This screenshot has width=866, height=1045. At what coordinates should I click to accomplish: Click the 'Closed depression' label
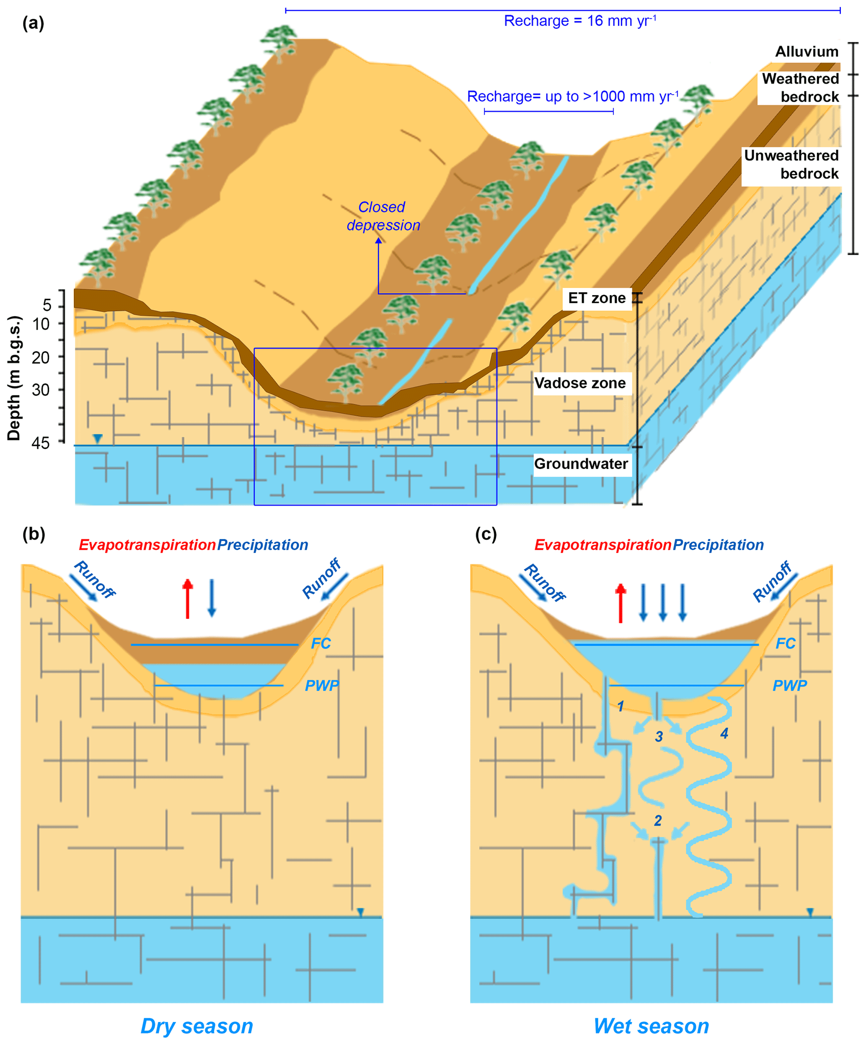coord(383,216)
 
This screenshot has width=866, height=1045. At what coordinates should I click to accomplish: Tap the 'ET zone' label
coord(596,298)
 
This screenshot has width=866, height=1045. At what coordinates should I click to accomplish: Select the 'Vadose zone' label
coord(580,383)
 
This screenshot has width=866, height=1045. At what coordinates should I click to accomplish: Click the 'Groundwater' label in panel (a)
coord(581,464)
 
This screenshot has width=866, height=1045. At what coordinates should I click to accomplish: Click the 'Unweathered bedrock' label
coord(791,165)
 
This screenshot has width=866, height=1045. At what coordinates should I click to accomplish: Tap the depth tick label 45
coord(41,443)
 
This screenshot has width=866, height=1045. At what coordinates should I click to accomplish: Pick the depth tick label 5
coord(47,305)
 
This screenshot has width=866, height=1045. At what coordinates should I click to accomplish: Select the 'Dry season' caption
coord(197,1026)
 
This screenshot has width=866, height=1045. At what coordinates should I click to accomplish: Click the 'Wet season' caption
coord(651,1026)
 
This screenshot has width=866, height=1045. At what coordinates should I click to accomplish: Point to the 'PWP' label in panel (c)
coord(789,686)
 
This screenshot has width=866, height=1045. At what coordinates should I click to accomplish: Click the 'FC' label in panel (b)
coord(321,643)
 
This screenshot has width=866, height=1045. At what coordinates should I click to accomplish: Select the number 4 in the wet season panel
coord(724,733)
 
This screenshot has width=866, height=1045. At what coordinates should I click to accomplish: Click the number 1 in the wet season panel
coord(620,706)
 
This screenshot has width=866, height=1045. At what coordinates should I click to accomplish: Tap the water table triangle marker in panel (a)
coord(98,438)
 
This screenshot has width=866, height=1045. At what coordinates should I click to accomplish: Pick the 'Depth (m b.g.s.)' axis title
coord(14,378)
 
